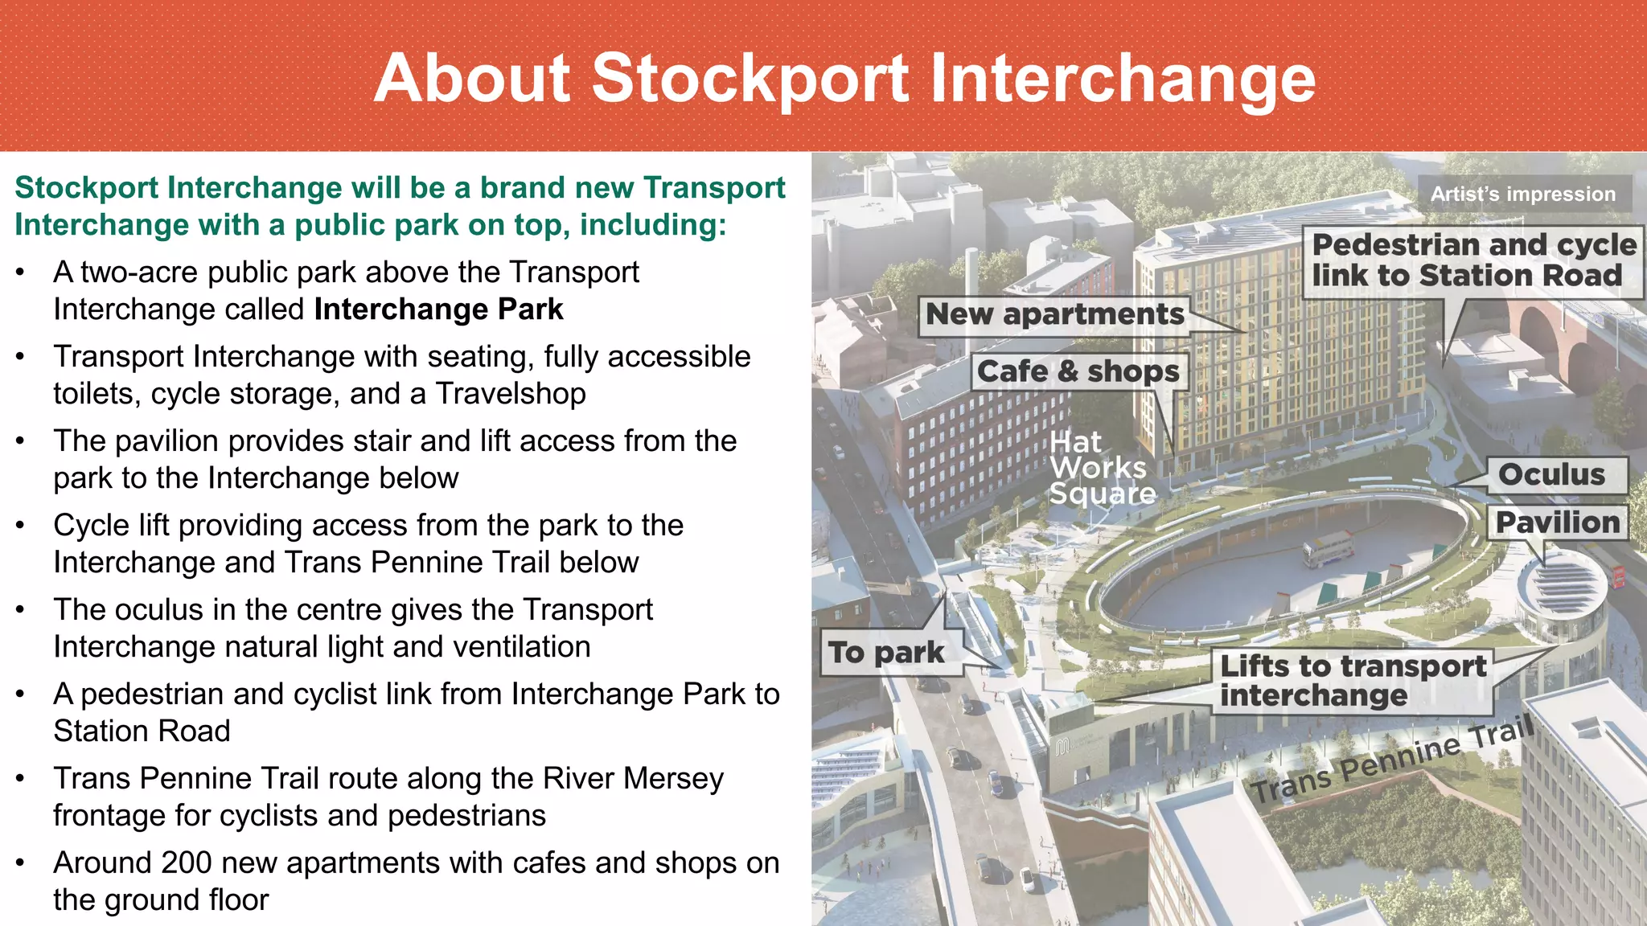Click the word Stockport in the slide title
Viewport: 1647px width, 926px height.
pos(750,79)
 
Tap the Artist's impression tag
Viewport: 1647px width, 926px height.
pos(1523,194)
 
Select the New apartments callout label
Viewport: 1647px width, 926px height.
pos(1054,314)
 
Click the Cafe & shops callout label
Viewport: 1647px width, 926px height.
pos(1078,371)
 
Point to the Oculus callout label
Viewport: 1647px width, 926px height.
pos(1551,474)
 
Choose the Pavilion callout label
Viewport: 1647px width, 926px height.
pos(1557,522)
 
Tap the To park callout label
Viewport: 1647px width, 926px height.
pos(886,652)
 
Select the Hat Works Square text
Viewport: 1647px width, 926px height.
pos(1102,468)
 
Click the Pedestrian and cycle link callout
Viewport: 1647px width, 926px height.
pos(1473,260)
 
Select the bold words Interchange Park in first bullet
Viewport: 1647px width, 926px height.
pos(438,309)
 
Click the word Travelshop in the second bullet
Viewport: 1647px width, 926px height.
pos(511,394)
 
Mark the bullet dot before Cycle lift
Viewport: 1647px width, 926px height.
pos(22,526)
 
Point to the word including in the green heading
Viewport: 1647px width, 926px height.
pos(652,225)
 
